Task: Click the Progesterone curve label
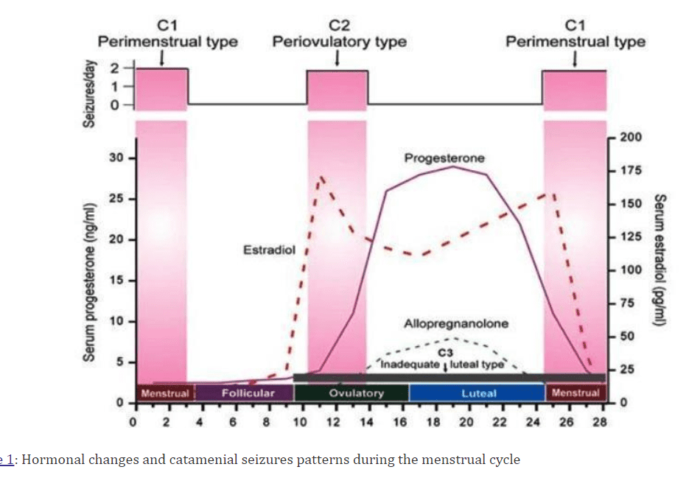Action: (x=444, y=158)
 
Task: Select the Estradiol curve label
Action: (x=269, y=250)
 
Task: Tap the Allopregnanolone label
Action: (x=455, y=324)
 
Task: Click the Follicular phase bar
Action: (x=248, y=393)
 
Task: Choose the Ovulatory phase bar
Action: (x=356, y=393)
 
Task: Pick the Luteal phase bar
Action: (x=478, y=393)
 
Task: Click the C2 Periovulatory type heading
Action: (x=339, y=34)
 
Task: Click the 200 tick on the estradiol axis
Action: (x=630, y=138)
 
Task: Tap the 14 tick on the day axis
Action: (x=366, y=421)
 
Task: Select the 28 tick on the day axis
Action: (x=600, y=421)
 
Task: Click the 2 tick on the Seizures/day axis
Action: (x=114, y=69)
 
